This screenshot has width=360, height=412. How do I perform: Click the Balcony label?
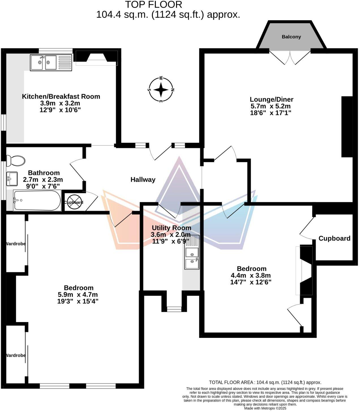291,37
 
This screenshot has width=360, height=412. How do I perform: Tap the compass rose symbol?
161,90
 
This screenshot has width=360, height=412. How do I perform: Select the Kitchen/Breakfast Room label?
61,96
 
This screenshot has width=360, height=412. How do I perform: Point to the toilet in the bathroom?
16,161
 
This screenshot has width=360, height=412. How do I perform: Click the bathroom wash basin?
12,179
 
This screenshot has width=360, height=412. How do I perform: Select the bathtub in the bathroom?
37,200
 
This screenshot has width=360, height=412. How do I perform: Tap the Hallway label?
143,179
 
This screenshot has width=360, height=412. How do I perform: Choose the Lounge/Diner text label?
271,100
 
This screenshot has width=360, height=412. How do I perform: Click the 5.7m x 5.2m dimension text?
271,106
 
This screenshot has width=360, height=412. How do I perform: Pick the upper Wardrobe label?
16,244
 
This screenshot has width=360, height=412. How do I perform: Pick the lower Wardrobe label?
16,355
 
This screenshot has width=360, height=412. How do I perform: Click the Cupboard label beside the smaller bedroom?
334,239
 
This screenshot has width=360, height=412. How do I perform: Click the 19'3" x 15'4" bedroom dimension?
78,301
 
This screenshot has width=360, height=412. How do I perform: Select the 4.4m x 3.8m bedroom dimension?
251,275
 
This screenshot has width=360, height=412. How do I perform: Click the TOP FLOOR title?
154,5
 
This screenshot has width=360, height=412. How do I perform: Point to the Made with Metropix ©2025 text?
265,408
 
